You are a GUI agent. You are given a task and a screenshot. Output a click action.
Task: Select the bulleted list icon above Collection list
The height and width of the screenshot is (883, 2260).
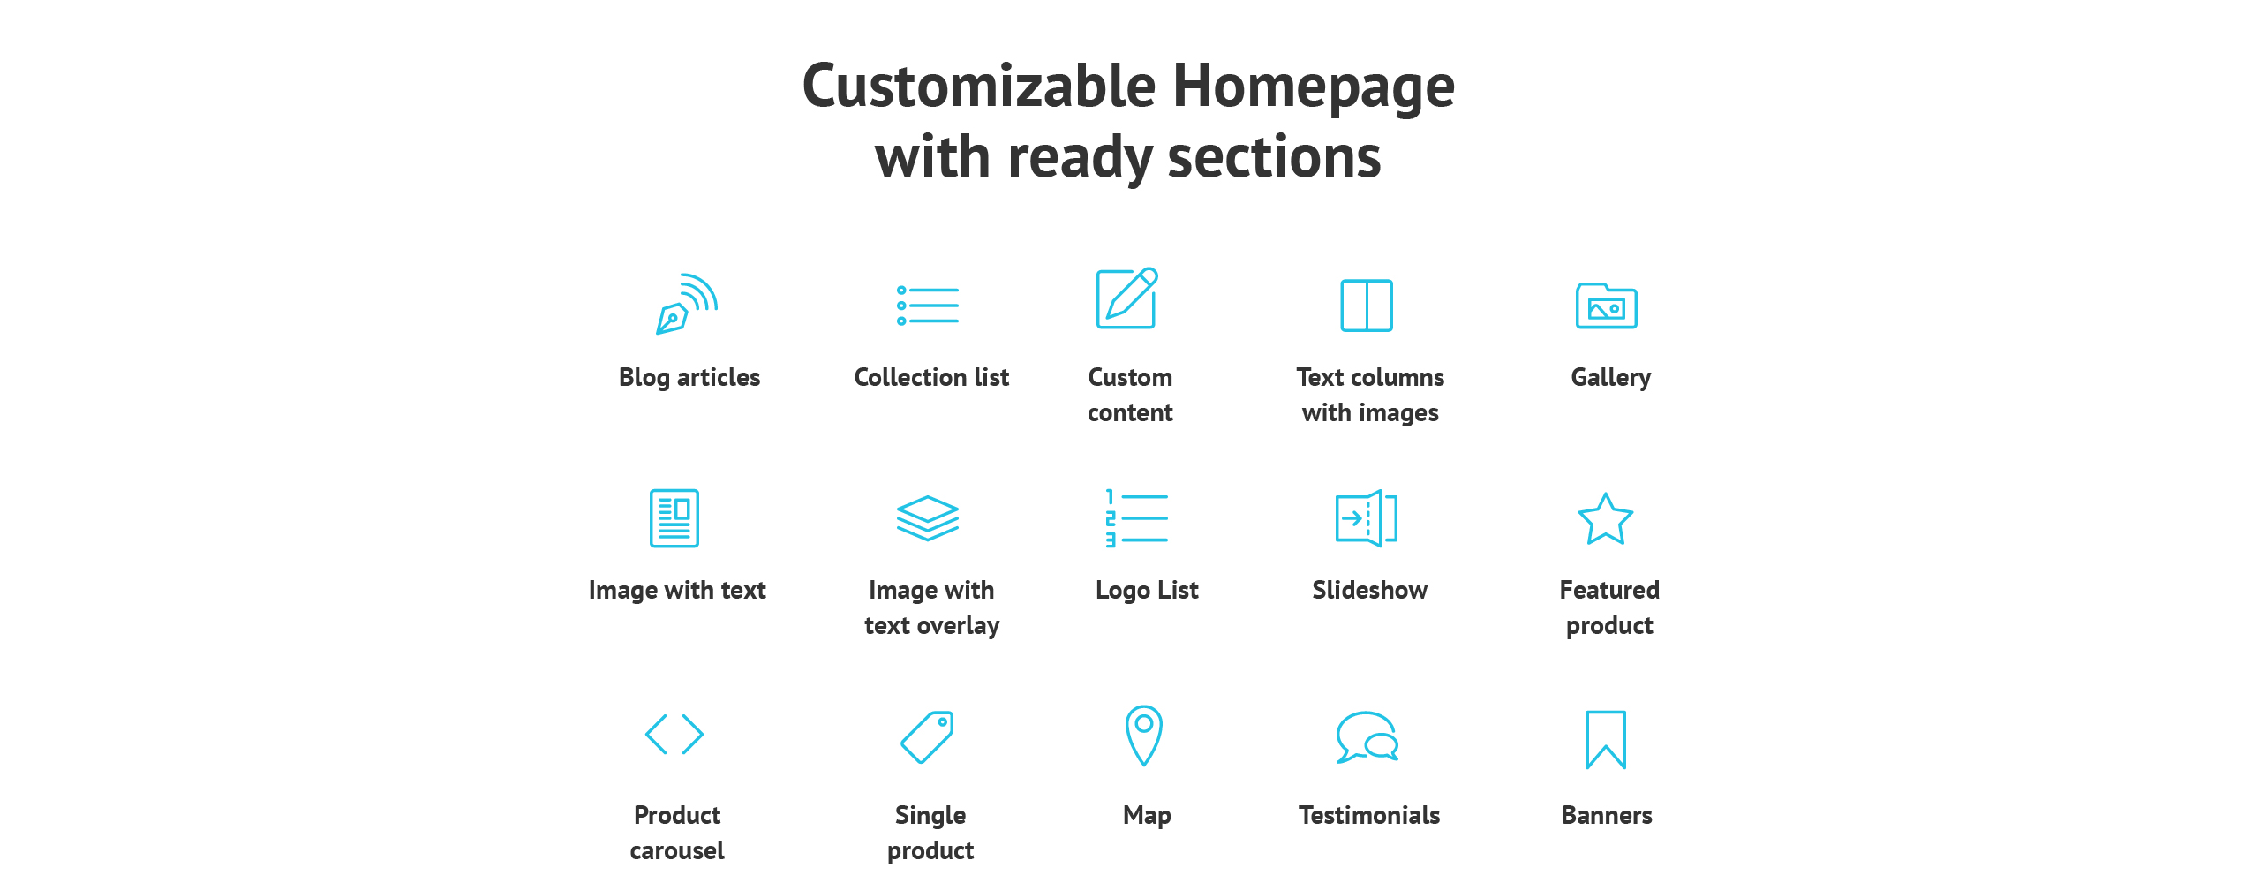[x=928, y=306]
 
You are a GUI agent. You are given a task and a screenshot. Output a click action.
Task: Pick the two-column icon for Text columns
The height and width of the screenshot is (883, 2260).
[x=1367, y=306]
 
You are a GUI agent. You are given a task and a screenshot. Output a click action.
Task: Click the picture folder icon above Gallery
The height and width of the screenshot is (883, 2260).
[x=1607, y=306]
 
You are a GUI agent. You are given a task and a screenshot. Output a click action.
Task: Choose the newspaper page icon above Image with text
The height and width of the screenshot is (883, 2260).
[x=674, y=518]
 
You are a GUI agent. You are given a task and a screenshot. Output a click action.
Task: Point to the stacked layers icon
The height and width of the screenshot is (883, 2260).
[x=928, y=517]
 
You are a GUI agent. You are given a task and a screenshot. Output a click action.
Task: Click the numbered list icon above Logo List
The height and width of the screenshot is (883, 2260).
[x=1137, y=518]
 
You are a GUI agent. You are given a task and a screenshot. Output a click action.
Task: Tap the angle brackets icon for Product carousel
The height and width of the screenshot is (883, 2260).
[x=674, y=735]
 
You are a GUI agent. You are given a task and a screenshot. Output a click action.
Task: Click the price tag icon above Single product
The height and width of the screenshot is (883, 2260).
[x=928, y=736]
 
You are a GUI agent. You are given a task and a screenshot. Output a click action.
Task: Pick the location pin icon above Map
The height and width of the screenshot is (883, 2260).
[x=1144, y=735]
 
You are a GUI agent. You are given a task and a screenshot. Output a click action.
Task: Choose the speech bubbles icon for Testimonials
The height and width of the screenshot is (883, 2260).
[x=1367, y=737]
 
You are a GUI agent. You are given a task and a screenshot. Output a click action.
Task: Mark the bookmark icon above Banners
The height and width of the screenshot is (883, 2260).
[x=1606, y=740]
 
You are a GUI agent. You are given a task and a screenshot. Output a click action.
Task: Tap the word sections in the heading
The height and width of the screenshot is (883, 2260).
[x=1275, y=157]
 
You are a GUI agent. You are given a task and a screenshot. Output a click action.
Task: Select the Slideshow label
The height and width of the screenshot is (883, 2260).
[x=1370, y=590]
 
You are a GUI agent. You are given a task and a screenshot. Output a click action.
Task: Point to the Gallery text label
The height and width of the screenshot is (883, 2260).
[x=1611, y=378]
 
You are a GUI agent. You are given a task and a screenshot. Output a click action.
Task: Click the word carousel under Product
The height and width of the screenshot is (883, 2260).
[x=677, y=850]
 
